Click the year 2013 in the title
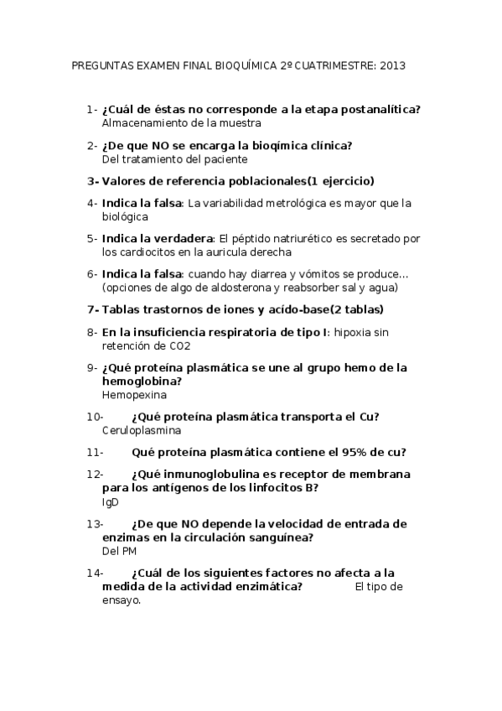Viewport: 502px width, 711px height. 392,65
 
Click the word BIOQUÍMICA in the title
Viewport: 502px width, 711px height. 228,65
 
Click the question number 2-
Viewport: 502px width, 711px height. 92,145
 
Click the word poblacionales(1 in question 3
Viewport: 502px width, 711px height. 260,180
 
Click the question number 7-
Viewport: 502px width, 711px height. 92,309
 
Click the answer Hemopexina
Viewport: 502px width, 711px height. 134,394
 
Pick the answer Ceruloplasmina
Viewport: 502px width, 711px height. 142,430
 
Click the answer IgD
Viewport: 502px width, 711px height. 111,501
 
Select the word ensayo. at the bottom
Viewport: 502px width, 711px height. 122,600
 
